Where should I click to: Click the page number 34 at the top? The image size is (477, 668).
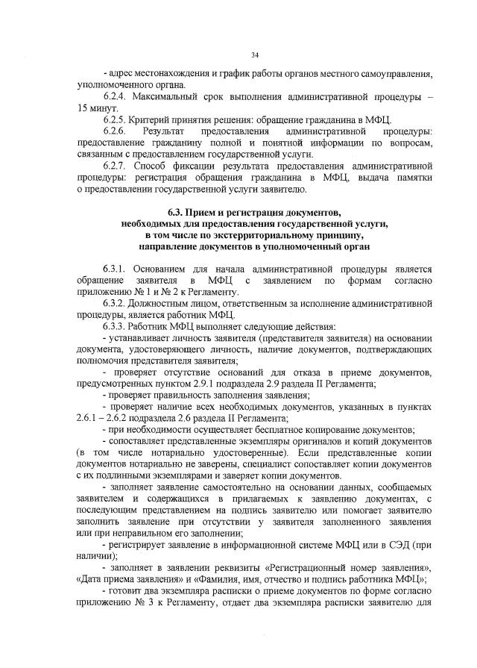pos(255,54)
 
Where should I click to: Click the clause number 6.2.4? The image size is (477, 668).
pos(116,98)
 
